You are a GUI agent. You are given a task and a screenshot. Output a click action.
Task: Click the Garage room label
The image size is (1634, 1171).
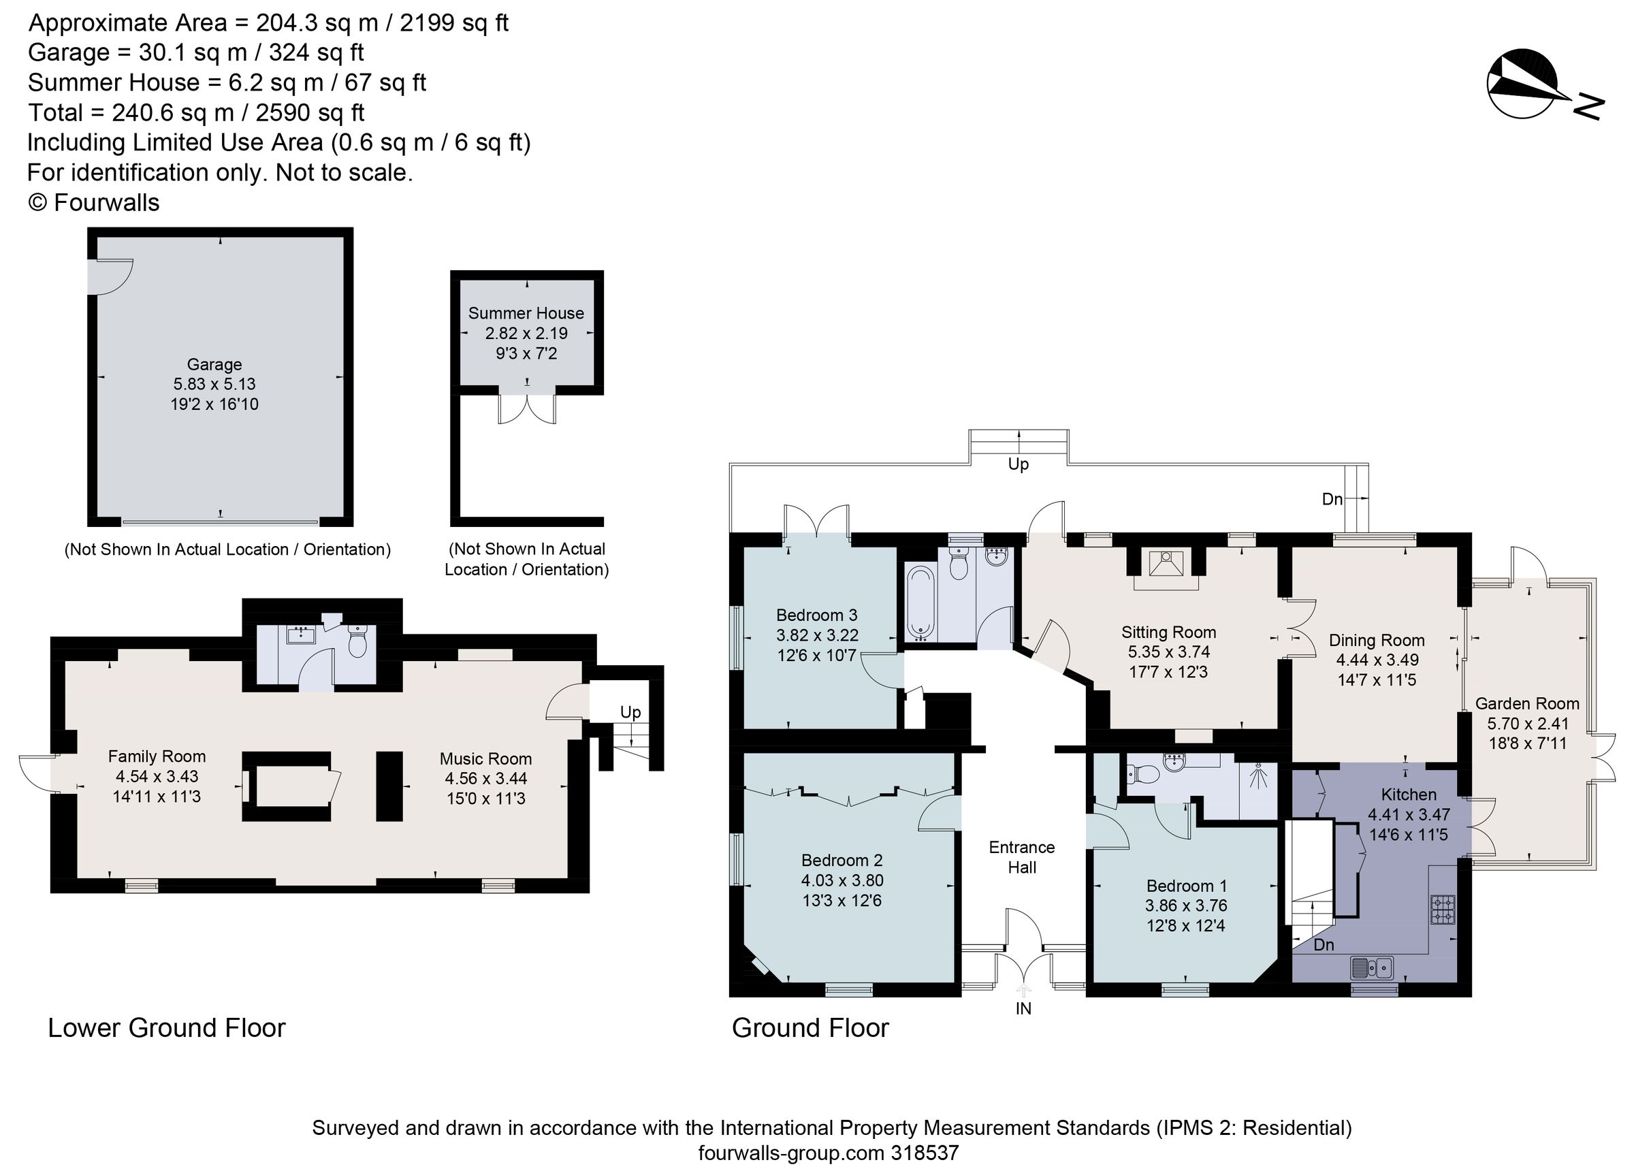pyautogui.click(x=214, y=365)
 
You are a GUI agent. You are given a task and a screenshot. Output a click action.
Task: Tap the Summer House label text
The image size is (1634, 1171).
pyautogui.click(x=526, y=313)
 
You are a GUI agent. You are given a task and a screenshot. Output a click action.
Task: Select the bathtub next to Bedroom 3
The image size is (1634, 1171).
pyautogui.click(x=920, y=603)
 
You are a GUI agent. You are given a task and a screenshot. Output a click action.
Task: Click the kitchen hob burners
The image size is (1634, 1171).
pyautogui.click(x=1443, y=910)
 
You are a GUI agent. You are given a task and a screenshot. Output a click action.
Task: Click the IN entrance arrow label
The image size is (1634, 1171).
pyautogui.click(x=1023, y=1008)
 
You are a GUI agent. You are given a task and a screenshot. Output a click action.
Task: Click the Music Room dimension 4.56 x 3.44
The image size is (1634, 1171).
pyautogui.click(x=485, y=778)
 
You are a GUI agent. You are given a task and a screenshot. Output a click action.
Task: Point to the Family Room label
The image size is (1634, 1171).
pyautogui.click(x=157, y=756)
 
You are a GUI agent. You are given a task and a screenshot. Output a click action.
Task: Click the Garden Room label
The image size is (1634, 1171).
pyautogui.click(x=1526, y=703)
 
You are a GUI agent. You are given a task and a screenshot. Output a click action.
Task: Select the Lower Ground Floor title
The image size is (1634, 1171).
pyautogui.click(x=166, y=1027)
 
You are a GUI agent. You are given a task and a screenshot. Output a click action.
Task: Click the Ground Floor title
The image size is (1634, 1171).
pyautogui.click(x=810, y=1027)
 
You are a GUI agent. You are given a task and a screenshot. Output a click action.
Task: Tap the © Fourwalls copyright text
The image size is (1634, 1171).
pyautogui.click(x=94, y=202)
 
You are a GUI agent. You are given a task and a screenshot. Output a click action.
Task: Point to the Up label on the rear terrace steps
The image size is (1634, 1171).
pyautogui.click(x=1018, y=464)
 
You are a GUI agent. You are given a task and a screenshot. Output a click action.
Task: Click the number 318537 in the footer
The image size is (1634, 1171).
pyautogui.click(x=925, y=1153)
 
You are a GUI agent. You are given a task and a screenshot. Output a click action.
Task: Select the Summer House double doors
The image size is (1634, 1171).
pyautogui.click(x=528, y=408)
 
